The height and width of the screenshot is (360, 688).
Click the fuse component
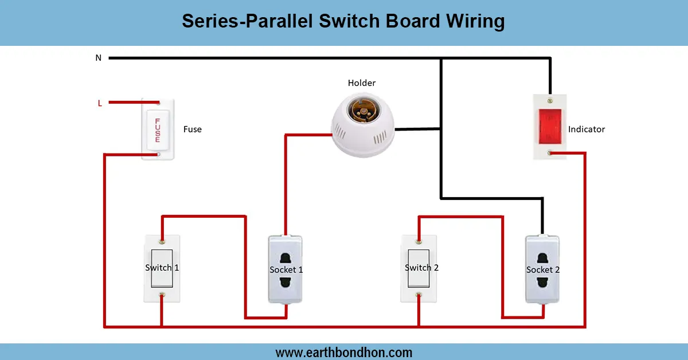point(158,128)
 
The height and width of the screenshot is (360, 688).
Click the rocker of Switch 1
point(161,268)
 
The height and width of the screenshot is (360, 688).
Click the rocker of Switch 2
point(418,268)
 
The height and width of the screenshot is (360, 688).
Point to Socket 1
point(286,269)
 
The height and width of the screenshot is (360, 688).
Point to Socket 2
point(542,269)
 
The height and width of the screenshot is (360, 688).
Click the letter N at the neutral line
point(98,58)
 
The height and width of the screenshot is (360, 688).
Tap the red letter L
point(100,103)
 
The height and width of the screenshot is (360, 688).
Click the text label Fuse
point(192,130)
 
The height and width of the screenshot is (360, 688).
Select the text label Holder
point(362,83)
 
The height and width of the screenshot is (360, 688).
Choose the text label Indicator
point(587,130)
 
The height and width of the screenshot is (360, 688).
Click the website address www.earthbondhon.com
point(344,352)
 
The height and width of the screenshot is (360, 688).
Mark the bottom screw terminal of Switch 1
point(162,295)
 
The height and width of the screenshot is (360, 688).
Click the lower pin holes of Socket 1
point(285,282)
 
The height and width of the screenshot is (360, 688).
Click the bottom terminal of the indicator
point(550,153)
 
